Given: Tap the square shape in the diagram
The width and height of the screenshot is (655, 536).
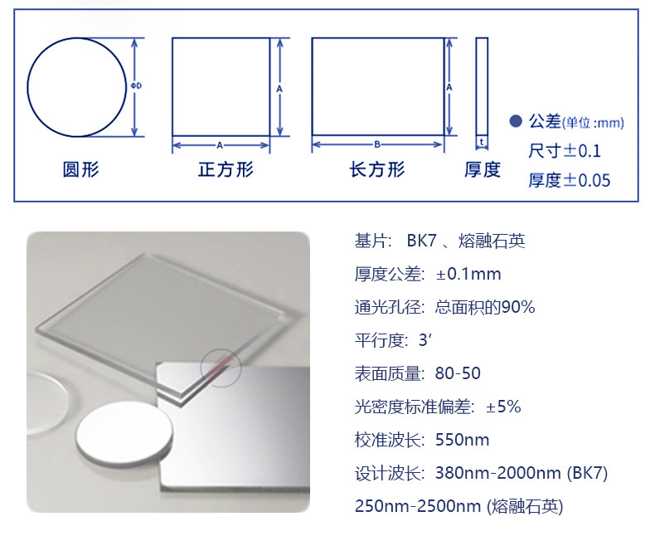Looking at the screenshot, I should pyautogui.click(x=221, y=86).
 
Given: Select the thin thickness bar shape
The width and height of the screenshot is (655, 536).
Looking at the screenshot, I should pyautogui.click(x=482, y=86).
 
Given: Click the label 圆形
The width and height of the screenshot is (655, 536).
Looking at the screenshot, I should pyautogui.click(x=80, y=170).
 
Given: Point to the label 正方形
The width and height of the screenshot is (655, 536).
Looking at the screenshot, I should pyautogui.click(x=226, y=170).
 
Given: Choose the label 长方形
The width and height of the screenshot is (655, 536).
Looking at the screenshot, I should pyautogui.click(x=377, y=170).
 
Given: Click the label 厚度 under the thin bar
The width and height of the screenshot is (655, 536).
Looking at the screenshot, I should pyautogui.click(x=483, y=170).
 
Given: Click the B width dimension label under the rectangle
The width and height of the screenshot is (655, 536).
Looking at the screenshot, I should pyautogui.click(x=377, y=144).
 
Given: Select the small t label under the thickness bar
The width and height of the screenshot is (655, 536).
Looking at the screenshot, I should pyautogui.click(x=482, y=142).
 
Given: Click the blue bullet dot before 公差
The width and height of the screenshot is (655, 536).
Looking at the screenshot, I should pyautogui.click(x=516, y=122).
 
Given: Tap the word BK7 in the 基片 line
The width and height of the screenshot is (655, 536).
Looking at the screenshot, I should pyautogui.click(x=421, y=241).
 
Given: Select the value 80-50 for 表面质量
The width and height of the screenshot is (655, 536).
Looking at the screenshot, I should pyautogui.click(x=458, y=373).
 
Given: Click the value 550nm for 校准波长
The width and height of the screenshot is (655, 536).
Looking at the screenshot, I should pyautogui.click(x=462, y=440).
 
